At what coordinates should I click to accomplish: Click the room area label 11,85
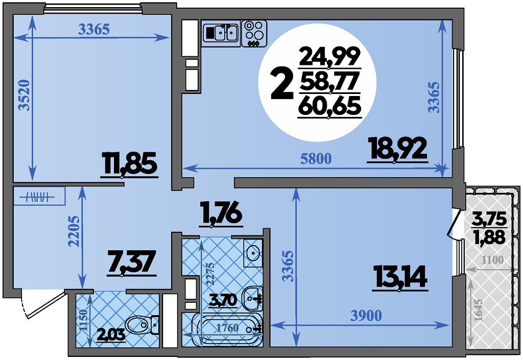129,164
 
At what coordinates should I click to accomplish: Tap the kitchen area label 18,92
397,149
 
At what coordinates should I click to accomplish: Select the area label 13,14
400,277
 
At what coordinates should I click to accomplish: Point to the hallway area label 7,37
131,262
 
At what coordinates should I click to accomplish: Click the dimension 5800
316,159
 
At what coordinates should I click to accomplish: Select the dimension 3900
366,315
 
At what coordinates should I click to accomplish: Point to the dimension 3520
25,95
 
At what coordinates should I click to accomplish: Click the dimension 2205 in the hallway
74,232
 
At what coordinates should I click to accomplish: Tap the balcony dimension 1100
493,260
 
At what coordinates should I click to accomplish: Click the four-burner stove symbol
254,33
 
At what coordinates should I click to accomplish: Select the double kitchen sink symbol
221,32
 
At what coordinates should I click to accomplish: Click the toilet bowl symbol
142,324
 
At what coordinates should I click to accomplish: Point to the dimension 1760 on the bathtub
228,328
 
